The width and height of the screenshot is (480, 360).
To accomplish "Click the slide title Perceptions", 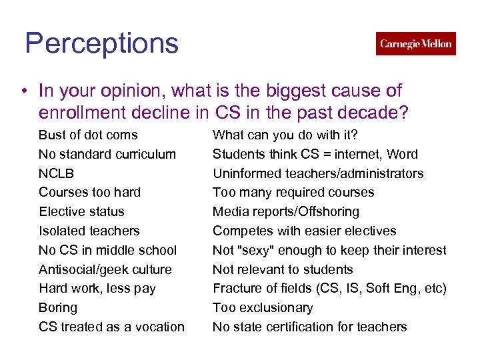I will (102, 44).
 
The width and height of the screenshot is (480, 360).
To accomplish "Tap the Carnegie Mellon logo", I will (415, 44).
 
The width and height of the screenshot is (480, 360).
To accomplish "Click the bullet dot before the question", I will (23, 91).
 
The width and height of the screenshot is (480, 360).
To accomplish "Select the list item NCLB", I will (57, 173).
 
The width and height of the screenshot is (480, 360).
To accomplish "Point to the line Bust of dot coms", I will (88, 135).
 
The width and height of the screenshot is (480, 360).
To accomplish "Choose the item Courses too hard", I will (89, 193).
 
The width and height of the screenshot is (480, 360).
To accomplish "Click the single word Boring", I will (58, 308).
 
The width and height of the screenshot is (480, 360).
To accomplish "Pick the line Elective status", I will (81, 212).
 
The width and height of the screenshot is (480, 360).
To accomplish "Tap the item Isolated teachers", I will (89, 231).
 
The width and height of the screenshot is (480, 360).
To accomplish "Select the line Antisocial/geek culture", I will (105, 270).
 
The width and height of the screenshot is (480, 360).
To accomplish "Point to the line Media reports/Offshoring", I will (285, 212).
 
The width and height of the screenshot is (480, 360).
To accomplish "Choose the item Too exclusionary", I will (263, 308).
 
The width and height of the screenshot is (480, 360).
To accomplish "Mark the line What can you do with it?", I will (285, 135).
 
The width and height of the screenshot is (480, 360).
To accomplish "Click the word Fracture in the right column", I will (235, 289).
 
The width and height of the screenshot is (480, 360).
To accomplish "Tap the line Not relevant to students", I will (283, 270).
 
